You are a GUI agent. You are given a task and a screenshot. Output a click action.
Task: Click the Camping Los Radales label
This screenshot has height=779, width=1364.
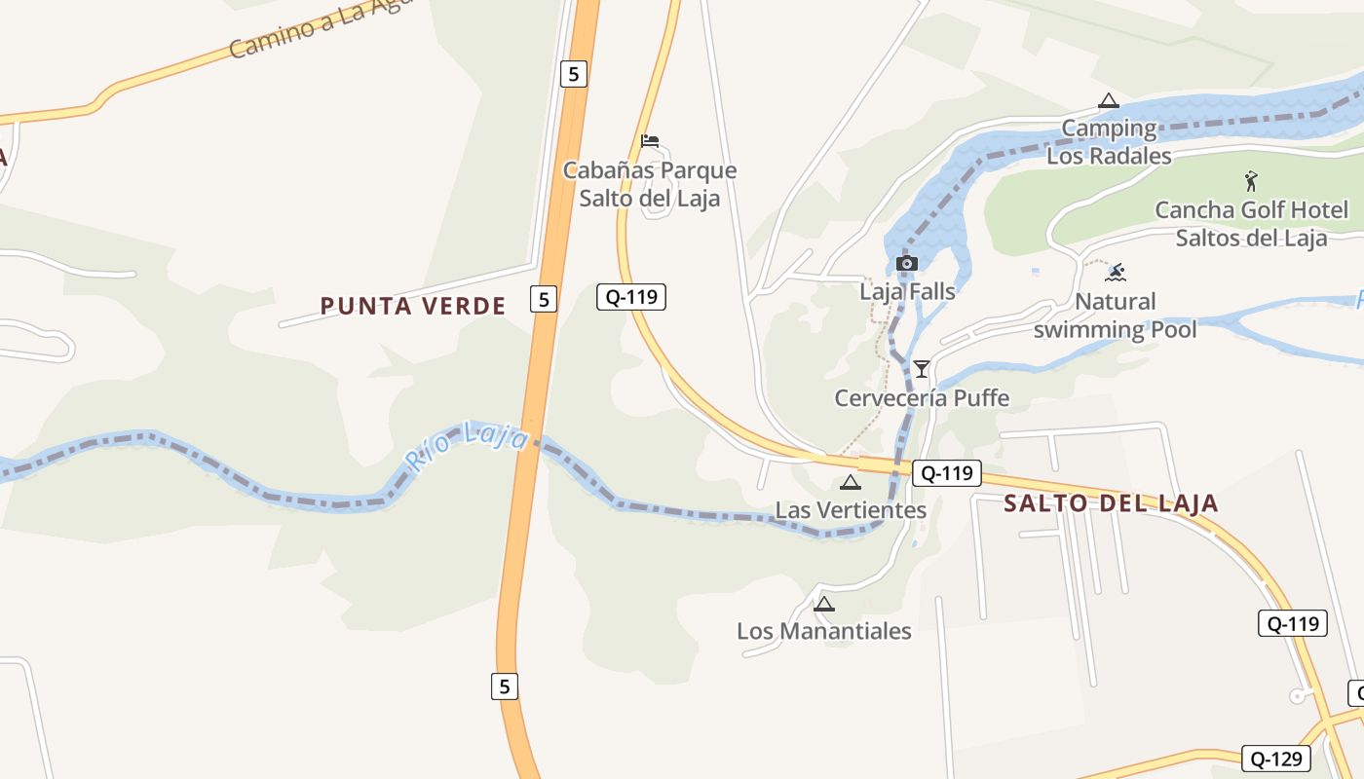[x=1109, y=141]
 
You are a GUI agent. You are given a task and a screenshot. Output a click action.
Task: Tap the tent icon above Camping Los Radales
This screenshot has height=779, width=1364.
[x=1108, y=100]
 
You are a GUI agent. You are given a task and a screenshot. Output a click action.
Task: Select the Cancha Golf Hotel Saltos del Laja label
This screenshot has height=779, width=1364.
[x=1251, y=224]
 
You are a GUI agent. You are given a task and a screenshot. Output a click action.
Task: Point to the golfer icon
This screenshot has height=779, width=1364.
[x=1252, y=180]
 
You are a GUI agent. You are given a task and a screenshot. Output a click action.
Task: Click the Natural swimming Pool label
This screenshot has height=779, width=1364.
[x=1116, y=315]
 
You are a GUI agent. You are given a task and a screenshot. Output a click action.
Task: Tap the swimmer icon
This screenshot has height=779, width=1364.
[x=1117, y=272]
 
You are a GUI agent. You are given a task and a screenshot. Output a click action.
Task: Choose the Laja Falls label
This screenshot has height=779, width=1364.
[x=907, y=290]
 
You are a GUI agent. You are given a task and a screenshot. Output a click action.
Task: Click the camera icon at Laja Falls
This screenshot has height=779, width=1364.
[x=907, y=263]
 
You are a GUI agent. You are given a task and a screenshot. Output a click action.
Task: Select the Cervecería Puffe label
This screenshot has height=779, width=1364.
[x=922, y=397]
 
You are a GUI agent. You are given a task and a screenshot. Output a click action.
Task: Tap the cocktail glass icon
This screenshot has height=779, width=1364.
[x=922, y=368]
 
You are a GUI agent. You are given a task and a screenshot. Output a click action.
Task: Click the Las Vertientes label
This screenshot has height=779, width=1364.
[x=851, y=509]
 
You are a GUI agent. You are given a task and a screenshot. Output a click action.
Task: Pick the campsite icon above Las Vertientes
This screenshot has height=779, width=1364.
[x=851, y=482]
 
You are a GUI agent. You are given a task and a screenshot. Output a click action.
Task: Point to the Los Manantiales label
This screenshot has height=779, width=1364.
[x=824, y=630]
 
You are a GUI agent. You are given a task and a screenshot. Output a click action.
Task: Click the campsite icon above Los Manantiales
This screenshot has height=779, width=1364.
[x=824, y=604]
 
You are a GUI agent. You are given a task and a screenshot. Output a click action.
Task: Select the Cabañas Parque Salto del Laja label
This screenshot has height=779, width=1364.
[x=650, y=184]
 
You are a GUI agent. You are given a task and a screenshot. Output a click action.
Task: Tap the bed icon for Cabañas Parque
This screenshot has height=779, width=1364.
[x=650, y=141]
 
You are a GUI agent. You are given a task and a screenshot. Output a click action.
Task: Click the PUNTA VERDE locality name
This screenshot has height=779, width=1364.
[x=413, y=306]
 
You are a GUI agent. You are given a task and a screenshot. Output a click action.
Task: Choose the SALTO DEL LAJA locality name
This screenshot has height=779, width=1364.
[x=1111, y=503]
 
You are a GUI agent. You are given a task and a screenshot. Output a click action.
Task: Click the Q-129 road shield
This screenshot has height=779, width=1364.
[x=1276, y=759]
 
